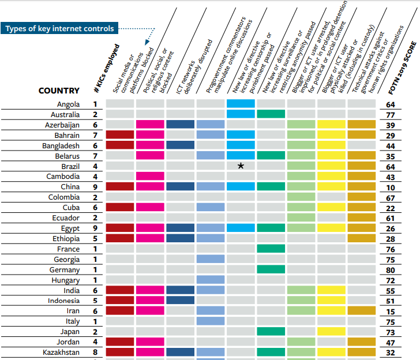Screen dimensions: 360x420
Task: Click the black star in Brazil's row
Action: click(241, 166)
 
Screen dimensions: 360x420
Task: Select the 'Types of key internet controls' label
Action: click(59, 28)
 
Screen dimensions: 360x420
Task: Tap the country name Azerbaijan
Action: click(62, 125)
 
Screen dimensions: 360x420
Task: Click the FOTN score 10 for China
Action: click(391, 187)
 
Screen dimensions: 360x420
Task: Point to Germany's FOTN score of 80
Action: click(391, 270)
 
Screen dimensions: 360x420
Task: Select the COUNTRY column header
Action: click(59, 91)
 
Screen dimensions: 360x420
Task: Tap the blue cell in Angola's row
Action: click(241, 104)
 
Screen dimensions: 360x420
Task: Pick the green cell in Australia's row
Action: click(271, 114)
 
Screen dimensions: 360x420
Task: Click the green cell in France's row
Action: click(271, 249)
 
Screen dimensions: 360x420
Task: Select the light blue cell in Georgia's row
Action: click(211, 260)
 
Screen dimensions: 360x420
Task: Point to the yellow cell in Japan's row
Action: click(331, 332)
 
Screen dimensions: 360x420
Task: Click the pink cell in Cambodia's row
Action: click(151, 177)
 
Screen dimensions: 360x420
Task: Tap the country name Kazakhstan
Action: click(61, 352)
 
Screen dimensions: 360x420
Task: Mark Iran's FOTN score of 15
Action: click(391, 311)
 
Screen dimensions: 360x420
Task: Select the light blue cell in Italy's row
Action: click(211, 321)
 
